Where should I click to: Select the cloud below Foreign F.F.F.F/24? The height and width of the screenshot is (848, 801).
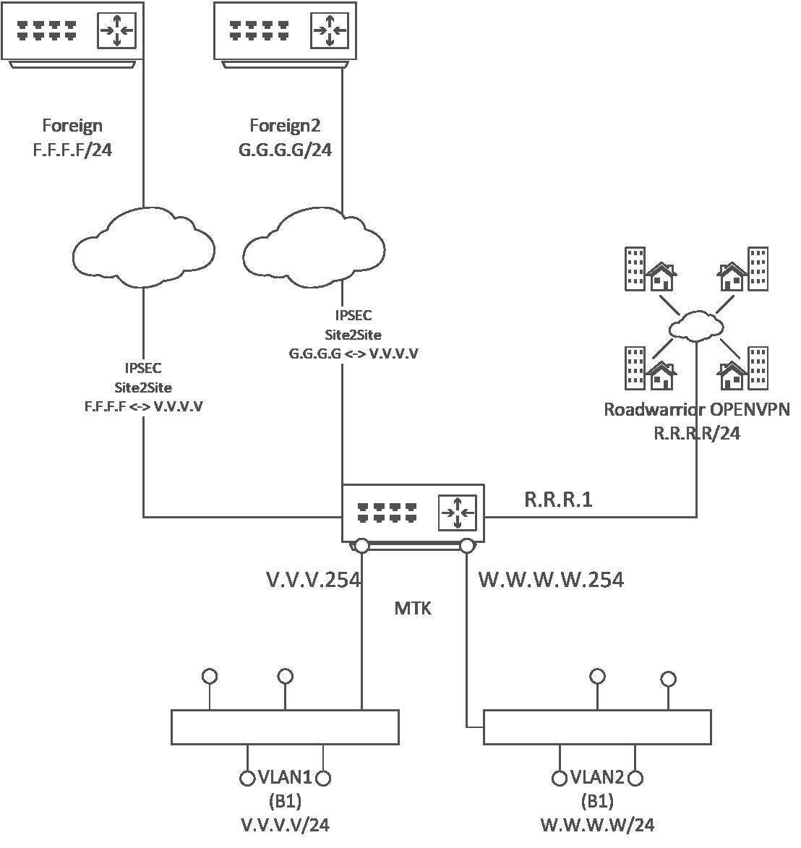(x=143, y=246)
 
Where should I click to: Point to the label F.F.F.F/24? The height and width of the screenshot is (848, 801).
(x=72, y=150)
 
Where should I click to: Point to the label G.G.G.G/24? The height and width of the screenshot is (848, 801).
(x=285, y=150)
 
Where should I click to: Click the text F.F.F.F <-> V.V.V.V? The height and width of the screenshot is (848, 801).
(x=143, y=406)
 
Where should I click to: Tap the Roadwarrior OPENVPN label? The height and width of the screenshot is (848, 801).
(x=697, y=410)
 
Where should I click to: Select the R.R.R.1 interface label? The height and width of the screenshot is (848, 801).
(x=557, y=500)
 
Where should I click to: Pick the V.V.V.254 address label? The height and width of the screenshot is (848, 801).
(x=313, y=580)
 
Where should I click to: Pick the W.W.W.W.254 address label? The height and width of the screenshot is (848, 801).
(x=551, y=580)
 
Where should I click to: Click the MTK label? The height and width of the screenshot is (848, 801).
(x=413, y=609)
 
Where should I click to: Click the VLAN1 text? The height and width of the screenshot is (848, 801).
(x=285, y=778)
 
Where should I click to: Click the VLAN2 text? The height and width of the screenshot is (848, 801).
(x=597, y=778)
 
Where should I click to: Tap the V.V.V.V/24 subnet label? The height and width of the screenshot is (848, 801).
(x=285, y=825)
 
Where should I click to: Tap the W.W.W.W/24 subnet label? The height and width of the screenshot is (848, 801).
(x=597, y=825)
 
